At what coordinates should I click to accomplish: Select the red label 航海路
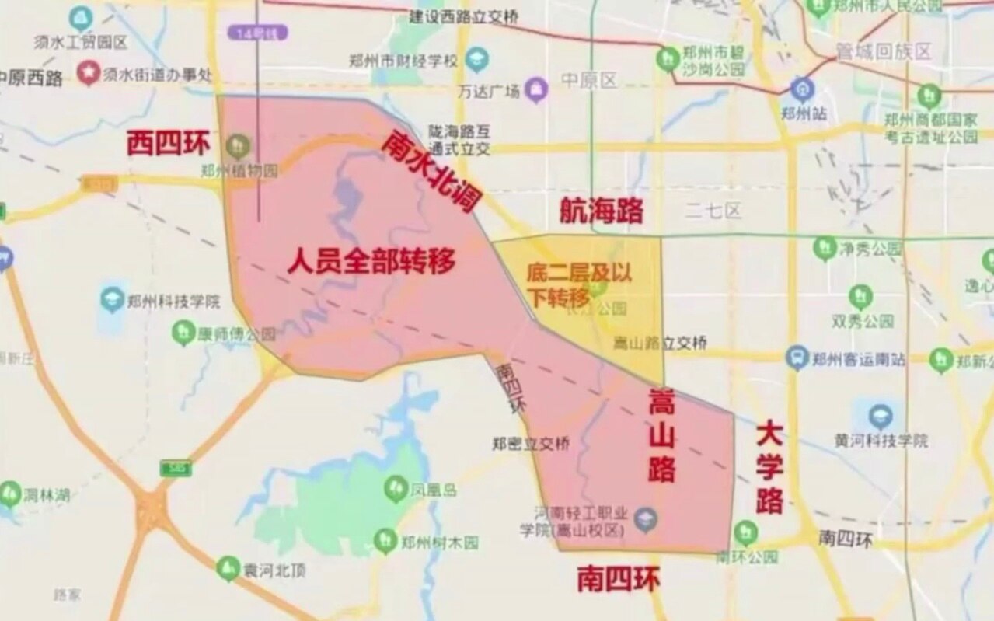click(602, 211)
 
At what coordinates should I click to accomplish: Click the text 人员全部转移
click(371, 261)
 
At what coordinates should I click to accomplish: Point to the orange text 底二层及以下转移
click(578, 284)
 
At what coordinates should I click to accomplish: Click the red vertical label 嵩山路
click(661, 437)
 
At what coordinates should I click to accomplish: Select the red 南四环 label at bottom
click(619, 579)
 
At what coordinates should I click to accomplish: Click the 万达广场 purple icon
click(535, 90)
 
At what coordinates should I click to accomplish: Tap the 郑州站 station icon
click(802, 89)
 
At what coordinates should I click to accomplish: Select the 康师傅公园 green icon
click(183, 333)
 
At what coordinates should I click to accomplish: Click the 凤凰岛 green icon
click(396, 488)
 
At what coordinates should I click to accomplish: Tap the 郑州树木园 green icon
click(385, 540)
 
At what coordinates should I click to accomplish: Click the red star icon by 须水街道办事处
click(89, 74)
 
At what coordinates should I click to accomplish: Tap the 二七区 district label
click(713, 210)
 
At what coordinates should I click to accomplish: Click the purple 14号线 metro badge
click(257, 33)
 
